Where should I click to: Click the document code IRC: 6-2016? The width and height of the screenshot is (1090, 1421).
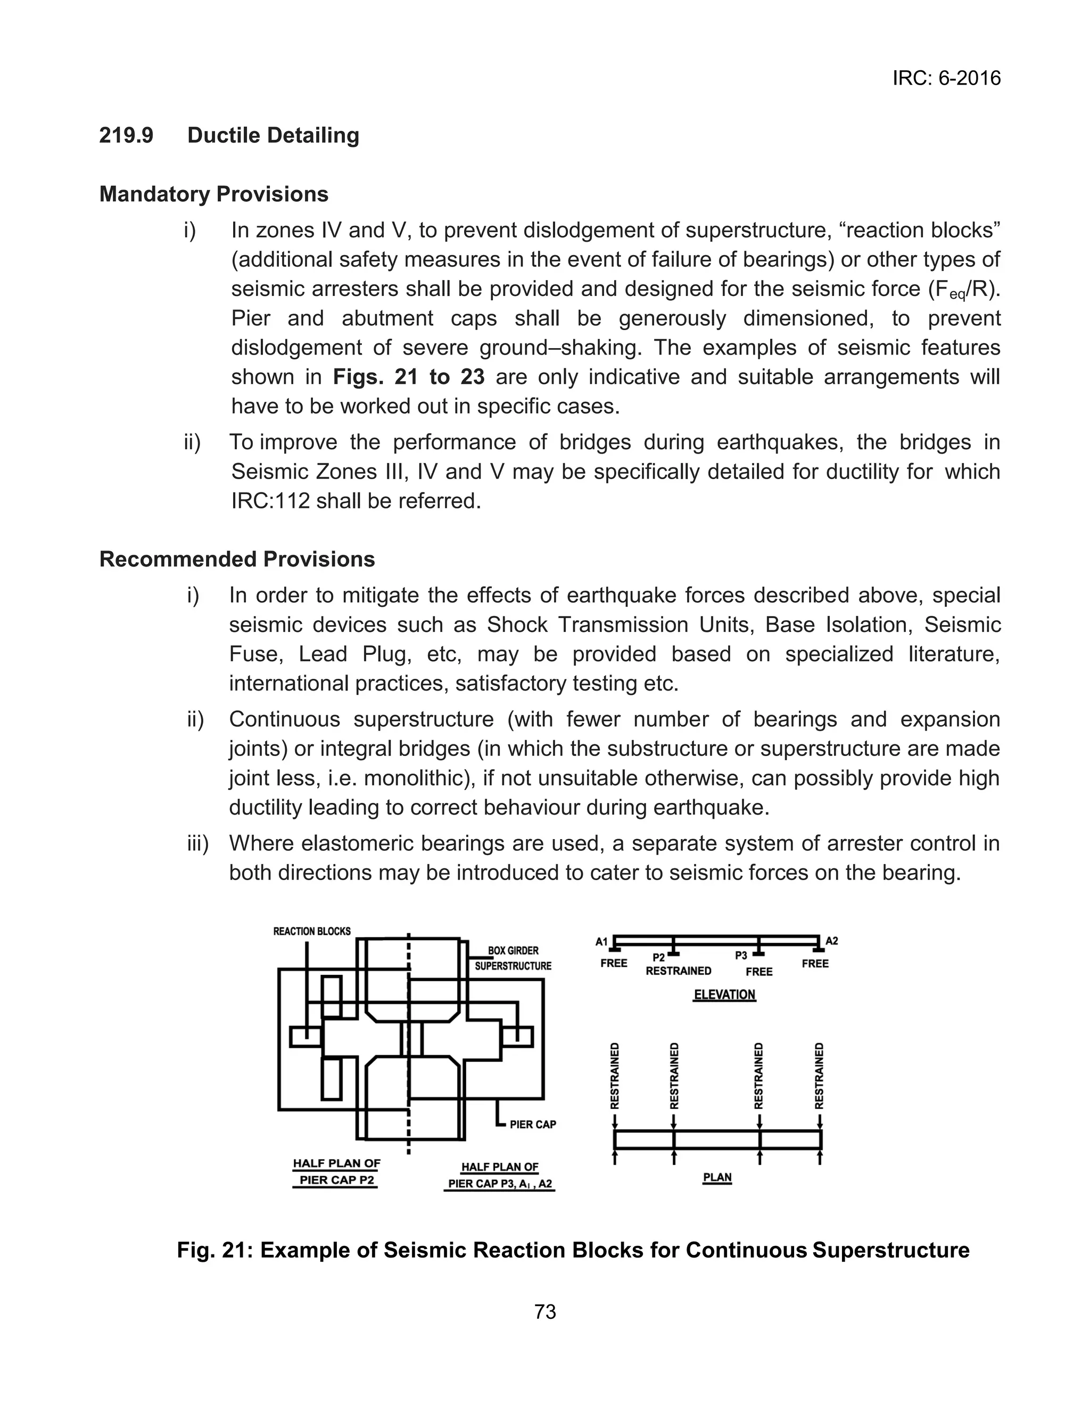click(x=946, y=78)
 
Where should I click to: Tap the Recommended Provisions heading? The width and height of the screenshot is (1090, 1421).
click(x=237, y=560)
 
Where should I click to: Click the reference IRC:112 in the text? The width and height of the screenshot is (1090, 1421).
click(x=270, y=501)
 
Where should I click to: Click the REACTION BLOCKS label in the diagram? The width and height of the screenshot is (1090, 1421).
click(x=311, y=932)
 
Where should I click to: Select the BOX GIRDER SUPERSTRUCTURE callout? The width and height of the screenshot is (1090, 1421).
click(x=513, y=958)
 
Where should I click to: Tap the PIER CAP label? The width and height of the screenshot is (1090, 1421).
click(x=533, y=1124)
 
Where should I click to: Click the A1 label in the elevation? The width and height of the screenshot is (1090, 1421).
click(x=601, y=941)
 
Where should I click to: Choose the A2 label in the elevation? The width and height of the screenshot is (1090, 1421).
click(x=832, y=941)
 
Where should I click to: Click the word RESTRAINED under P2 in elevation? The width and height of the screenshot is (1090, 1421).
click(x=678, y=971)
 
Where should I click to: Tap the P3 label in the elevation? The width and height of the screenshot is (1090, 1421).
click(x=741, y=956)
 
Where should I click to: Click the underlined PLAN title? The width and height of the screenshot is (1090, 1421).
click(x=717, y=1177)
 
